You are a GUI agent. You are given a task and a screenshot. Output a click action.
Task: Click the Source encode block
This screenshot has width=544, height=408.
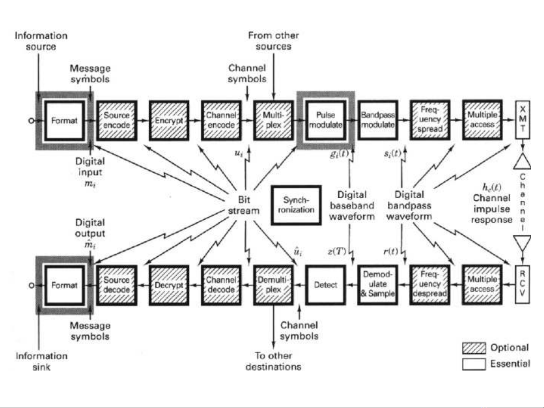point(117,120)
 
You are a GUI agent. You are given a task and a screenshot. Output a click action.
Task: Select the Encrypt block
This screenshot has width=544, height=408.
point(169,120)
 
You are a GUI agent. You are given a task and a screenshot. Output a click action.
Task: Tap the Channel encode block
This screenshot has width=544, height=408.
point(221,120)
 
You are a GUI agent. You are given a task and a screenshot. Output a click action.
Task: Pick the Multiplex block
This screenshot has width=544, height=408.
point(273,120)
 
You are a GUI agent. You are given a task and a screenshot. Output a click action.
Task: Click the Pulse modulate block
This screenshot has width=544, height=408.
point(325,120)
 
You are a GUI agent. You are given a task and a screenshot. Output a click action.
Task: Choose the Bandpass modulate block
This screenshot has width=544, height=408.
point(378,120)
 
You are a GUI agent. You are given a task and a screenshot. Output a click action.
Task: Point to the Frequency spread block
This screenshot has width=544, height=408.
point(430,120)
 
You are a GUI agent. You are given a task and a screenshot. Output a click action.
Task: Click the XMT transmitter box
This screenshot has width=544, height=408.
point(523,119)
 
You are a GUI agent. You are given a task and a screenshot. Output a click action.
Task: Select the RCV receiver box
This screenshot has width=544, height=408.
point(523,284)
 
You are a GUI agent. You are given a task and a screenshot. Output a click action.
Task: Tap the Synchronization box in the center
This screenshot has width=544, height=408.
point(296,205)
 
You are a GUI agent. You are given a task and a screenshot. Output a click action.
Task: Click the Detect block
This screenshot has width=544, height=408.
point(325,285)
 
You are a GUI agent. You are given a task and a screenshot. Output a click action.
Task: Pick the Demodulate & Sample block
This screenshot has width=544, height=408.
point(378,285)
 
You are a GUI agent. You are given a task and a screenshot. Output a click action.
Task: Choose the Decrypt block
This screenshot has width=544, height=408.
point(169,285)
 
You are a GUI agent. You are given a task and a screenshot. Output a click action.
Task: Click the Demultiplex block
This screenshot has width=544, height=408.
point(273,285)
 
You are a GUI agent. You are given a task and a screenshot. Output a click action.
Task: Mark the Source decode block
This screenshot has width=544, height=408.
point(117,285)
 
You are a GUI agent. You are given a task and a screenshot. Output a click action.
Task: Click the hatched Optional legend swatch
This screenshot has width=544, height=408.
point(474,348)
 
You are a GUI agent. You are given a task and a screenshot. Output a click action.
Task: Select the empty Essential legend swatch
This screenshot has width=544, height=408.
point(474,364)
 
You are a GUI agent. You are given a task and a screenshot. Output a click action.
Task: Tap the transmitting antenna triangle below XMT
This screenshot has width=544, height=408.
point(522,162)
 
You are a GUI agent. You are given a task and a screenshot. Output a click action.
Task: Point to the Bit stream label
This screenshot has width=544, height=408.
point(244,205)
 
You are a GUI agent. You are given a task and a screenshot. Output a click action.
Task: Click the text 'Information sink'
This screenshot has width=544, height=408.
point(42,361)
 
